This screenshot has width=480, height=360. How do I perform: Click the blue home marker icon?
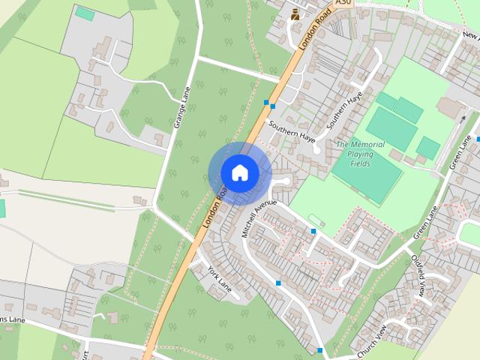pyautogui.click(x=240, y=173)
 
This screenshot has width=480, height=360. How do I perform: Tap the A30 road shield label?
pyautogui.click(x=343, y=4)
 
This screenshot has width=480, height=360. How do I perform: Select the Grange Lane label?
pyautogui.click(x=182, y=107)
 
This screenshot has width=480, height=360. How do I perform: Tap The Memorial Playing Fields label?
pyautogui.click(x=360, y=154)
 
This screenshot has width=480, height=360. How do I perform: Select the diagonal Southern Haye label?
pyautogui.click(x=344, y=108)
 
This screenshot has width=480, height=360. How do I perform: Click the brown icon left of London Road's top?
pyautogui.click(x=295, y=14)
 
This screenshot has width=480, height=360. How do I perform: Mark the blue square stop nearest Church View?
pyautogui.click(x=320, y=350)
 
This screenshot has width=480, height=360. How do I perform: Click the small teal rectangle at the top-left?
pyautogui.click(x=85, y=13)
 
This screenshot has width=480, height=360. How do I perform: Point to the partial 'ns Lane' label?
pyautogui.click(x=13, y=320)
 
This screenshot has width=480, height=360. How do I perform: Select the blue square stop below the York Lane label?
pyautogui.click(x=278, y=283)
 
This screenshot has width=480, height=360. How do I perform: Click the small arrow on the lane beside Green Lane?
pyautogui.click(x=464, y=119)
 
